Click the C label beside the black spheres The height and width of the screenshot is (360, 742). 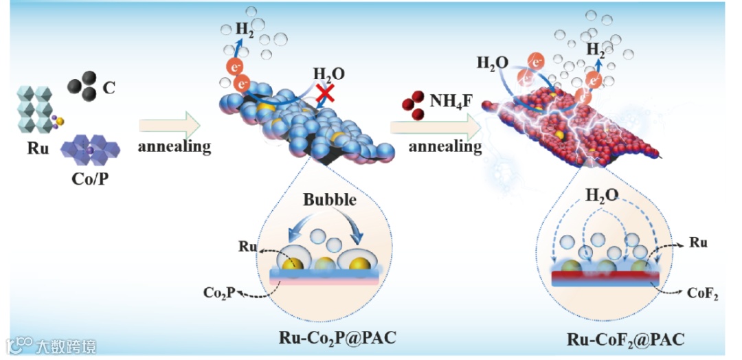click(109, 87)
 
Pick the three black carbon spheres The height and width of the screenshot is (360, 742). click(81, 88)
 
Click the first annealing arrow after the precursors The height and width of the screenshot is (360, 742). click(170, 126)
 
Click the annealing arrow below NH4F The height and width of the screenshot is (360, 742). click(436, 126)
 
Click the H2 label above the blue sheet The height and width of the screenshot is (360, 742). click(244, 29)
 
